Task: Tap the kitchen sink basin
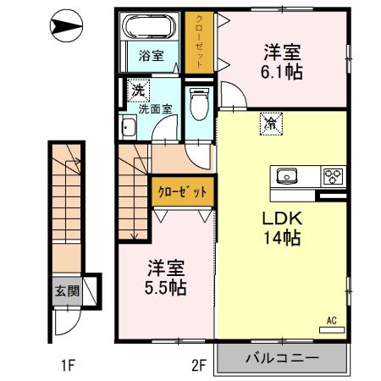(285, 176)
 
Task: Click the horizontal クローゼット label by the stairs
(183, 191)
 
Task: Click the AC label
(332, 321)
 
